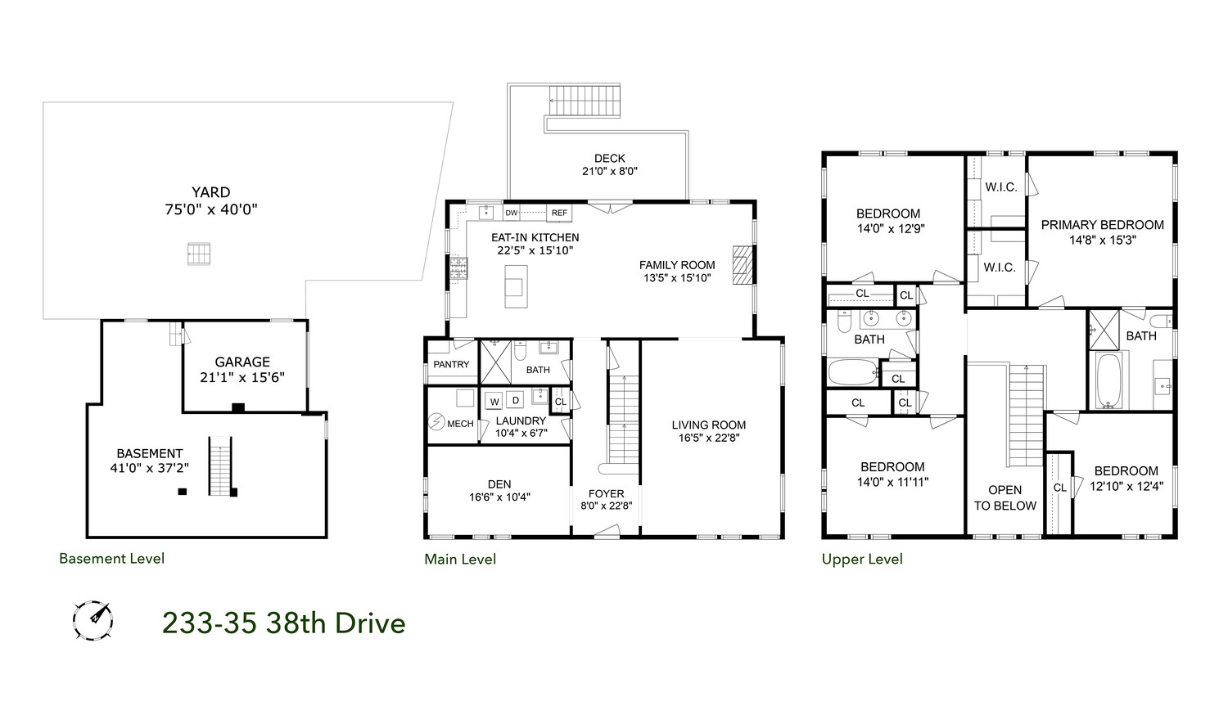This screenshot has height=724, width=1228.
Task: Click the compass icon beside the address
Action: pos(93,621)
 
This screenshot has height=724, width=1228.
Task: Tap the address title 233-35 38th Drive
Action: pos(283,623)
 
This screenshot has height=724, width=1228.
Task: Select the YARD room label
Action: pos(211,193)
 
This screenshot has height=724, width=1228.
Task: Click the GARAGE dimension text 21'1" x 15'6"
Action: pos(242,377)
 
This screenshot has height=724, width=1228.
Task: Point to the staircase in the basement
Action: pos(221,466)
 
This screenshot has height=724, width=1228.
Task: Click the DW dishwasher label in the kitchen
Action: pos(512,213)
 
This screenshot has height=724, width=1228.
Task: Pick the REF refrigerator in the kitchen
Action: pos(559,213)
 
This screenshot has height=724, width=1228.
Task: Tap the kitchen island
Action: pos(515,286)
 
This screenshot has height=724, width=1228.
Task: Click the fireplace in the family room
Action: pos(741,264)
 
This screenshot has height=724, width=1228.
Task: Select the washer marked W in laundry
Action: pos(494,401)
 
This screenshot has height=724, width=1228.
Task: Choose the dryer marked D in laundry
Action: pos(516,400)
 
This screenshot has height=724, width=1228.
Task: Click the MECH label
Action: pos(460,423)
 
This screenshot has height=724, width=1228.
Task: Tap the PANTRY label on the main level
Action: pos(451,364)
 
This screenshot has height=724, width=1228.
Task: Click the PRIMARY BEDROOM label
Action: pos(1102,225)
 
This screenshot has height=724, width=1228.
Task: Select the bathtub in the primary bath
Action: pos(1111,380)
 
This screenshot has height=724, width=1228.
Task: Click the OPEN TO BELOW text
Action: pos(1005,497)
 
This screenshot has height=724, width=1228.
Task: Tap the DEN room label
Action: pos(499,483)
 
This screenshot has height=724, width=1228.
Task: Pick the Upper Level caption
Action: pos(862,559)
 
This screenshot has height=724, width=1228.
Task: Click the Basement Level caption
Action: pos(111,559)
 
